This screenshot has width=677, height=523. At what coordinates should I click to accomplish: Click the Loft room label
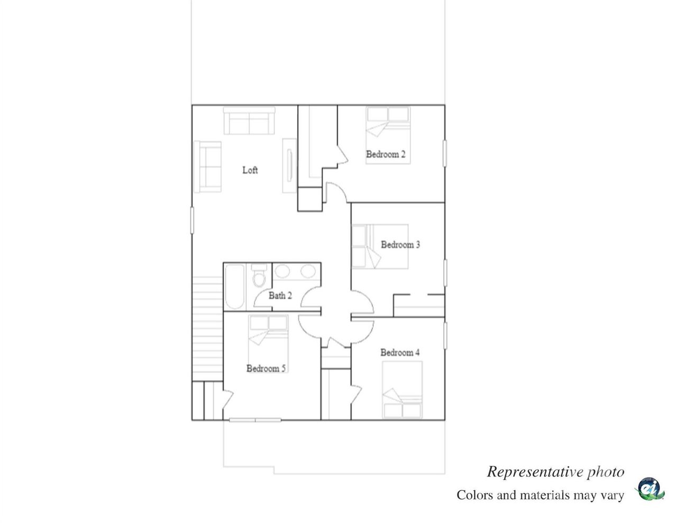[250, 170]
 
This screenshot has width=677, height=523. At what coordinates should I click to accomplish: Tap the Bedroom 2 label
[386, 154]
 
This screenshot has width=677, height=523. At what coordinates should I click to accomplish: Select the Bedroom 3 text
[400, 245]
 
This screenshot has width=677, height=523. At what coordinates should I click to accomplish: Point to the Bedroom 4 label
[400, 353]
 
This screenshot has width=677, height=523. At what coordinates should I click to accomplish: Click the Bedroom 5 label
[266, 369]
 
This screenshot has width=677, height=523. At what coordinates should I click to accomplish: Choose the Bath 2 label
[280, 296]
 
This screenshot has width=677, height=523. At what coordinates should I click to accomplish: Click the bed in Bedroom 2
[388, 135]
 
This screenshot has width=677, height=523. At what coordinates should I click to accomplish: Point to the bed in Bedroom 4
[402, 390]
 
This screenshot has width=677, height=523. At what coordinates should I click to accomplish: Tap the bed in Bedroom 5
[268, 337]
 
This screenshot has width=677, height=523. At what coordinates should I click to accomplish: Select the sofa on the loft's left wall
[207, 166]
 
